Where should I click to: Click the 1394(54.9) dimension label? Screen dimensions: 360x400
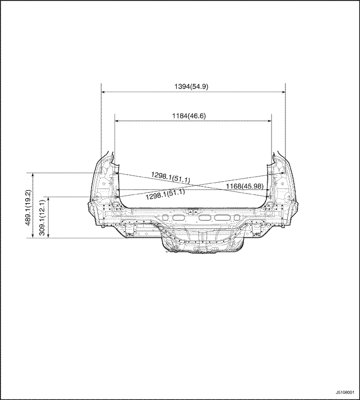click(x=191, y=86)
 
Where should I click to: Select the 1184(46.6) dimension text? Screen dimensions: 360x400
click(x=189, y=116)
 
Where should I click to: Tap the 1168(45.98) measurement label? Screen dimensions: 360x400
click(x=245, y=186)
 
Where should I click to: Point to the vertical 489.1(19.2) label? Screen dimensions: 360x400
click(x=28, y=207)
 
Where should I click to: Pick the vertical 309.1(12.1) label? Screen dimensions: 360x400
click(x=43, y=218)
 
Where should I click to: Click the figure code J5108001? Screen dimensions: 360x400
click(x=345, y=392)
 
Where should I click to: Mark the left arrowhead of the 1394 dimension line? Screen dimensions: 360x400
click(x=103, y=92)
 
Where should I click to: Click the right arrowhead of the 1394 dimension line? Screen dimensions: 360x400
click(x=283, y=92)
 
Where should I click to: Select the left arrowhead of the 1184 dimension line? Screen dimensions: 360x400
click(x=117, y=121)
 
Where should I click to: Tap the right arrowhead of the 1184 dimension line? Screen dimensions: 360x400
click(x=269, y=121)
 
